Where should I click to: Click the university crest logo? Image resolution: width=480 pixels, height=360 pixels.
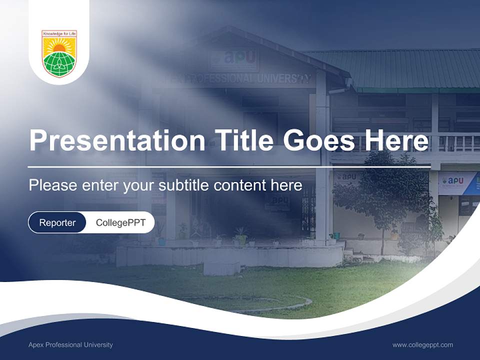pyautogui.click(x=59, y=53)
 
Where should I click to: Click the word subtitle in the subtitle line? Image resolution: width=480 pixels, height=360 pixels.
pyautogui.click(x=185, y=185)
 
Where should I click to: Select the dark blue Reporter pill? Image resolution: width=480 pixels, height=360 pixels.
pyautogui.click(x=57, y=222)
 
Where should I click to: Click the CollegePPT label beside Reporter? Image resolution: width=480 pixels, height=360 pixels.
pyautogui.click(x=120, y=222)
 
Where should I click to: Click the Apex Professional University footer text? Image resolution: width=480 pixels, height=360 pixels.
pyautogui.click(x=70, y=344)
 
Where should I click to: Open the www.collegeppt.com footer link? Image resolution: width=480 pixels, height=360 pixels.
pyautogui.click(x=422, y=344)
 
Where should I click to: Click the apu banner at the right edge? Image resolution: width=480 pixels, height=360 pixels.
pyautogui.click(x=457, y=182)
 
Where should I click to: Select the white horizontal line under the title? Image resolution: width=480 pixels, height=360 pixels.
pyautogui.click(x=229, y=166)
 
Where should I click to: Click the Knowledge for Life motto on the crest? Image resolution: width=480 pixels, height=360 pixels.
pyautogui.click(x=59, y=34)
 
